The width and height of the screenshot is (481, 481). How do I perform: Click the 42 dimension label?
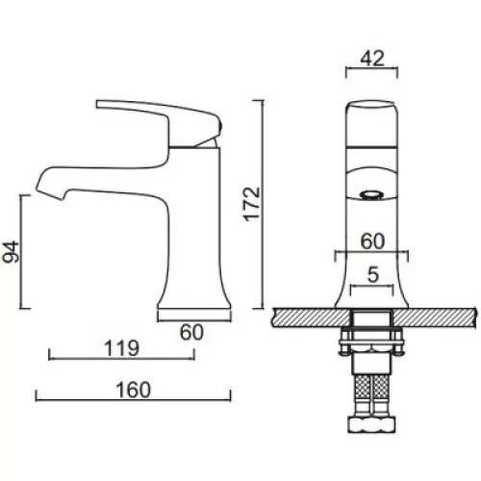(372, 59)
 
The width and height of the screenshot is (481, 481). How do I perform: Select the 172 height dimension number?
(252, 204)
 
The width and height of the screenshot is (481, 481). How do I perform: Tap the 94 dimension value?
(12, 252)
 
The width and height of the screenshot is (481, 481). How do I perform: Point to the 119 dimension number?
(121, 348)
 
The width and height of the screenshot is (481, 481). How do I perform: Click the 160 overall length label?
(133, 390)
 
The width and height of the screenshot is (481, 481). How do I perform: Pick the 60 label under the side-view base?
(191, 332)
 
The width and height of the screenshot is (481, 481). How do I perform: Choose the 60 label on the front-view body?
(372, 241)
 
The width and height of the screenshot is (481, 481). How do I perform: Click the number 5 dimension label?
(373, 274)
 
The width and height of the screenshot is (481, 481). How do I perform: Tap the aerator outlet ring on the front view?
(372, 195)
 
